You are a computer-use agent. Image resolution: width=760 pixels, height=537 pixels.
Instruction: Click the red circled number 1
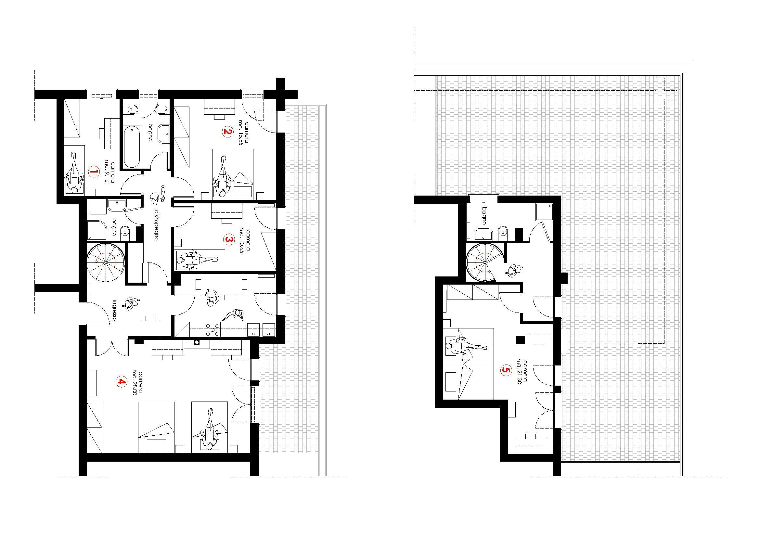pos(94,172)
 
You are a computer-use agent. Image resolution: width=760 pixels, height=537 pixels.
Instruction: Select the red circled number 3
pos(228,239)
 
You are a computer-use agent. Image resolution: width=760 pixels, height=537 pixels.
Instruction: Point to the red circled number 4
pos(122,382)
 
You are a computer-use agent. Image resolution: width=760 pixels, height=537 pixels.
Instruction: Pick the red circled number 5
pos(505,370)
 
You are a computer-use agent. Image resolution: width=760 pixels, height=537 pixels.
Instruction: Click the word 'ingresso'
pos(114,310)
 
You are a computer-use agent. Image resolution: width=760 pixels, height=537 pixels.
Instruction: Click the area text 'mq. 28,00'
pos(135,382)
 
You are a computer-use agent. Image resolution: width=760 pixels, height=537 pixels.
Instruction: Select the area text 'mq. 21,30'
pos(518,370)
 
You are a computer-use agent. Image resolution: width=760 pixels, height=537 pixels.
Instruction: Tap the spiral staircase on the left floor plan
pos(105,263)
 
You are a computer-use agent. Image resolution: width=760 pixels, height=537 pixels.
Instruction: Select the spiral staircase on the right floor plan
pos(485,262)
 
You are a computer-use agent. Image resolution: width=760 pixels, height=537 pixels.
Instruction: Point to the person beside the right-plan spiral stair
pos(513,270)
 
